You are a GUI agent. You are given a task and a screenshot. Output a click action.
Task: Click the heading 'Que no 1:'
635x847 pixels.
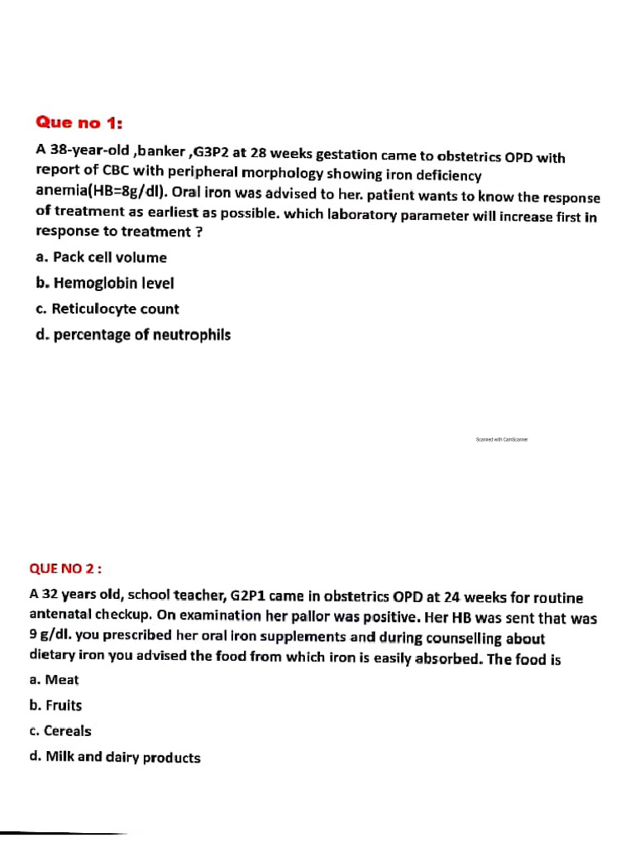[79, 123]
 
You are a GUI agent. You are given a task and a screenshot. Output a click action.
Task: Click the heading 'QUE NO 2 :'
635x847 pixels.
[65, 568]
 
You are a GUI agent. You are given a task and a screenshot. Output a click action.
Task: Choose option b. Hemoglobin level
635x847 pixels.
[105, 283]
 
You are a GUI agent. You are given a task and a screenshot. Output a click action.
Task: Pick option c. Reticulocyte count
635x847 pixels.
[107, 309]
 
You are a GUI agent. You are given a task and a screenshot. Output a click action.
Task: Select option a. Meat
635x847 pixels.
[54, 679]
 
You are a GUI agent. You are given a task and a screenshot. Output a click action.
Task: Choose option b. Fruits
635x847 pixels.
[55, 706]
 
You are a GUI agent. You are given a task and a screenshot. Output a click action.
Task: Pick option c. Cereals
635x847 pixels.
[60, 731]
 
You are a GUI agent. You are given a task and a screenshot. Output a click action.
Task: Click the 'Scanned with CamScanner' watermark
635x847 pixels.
[502, 440]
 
